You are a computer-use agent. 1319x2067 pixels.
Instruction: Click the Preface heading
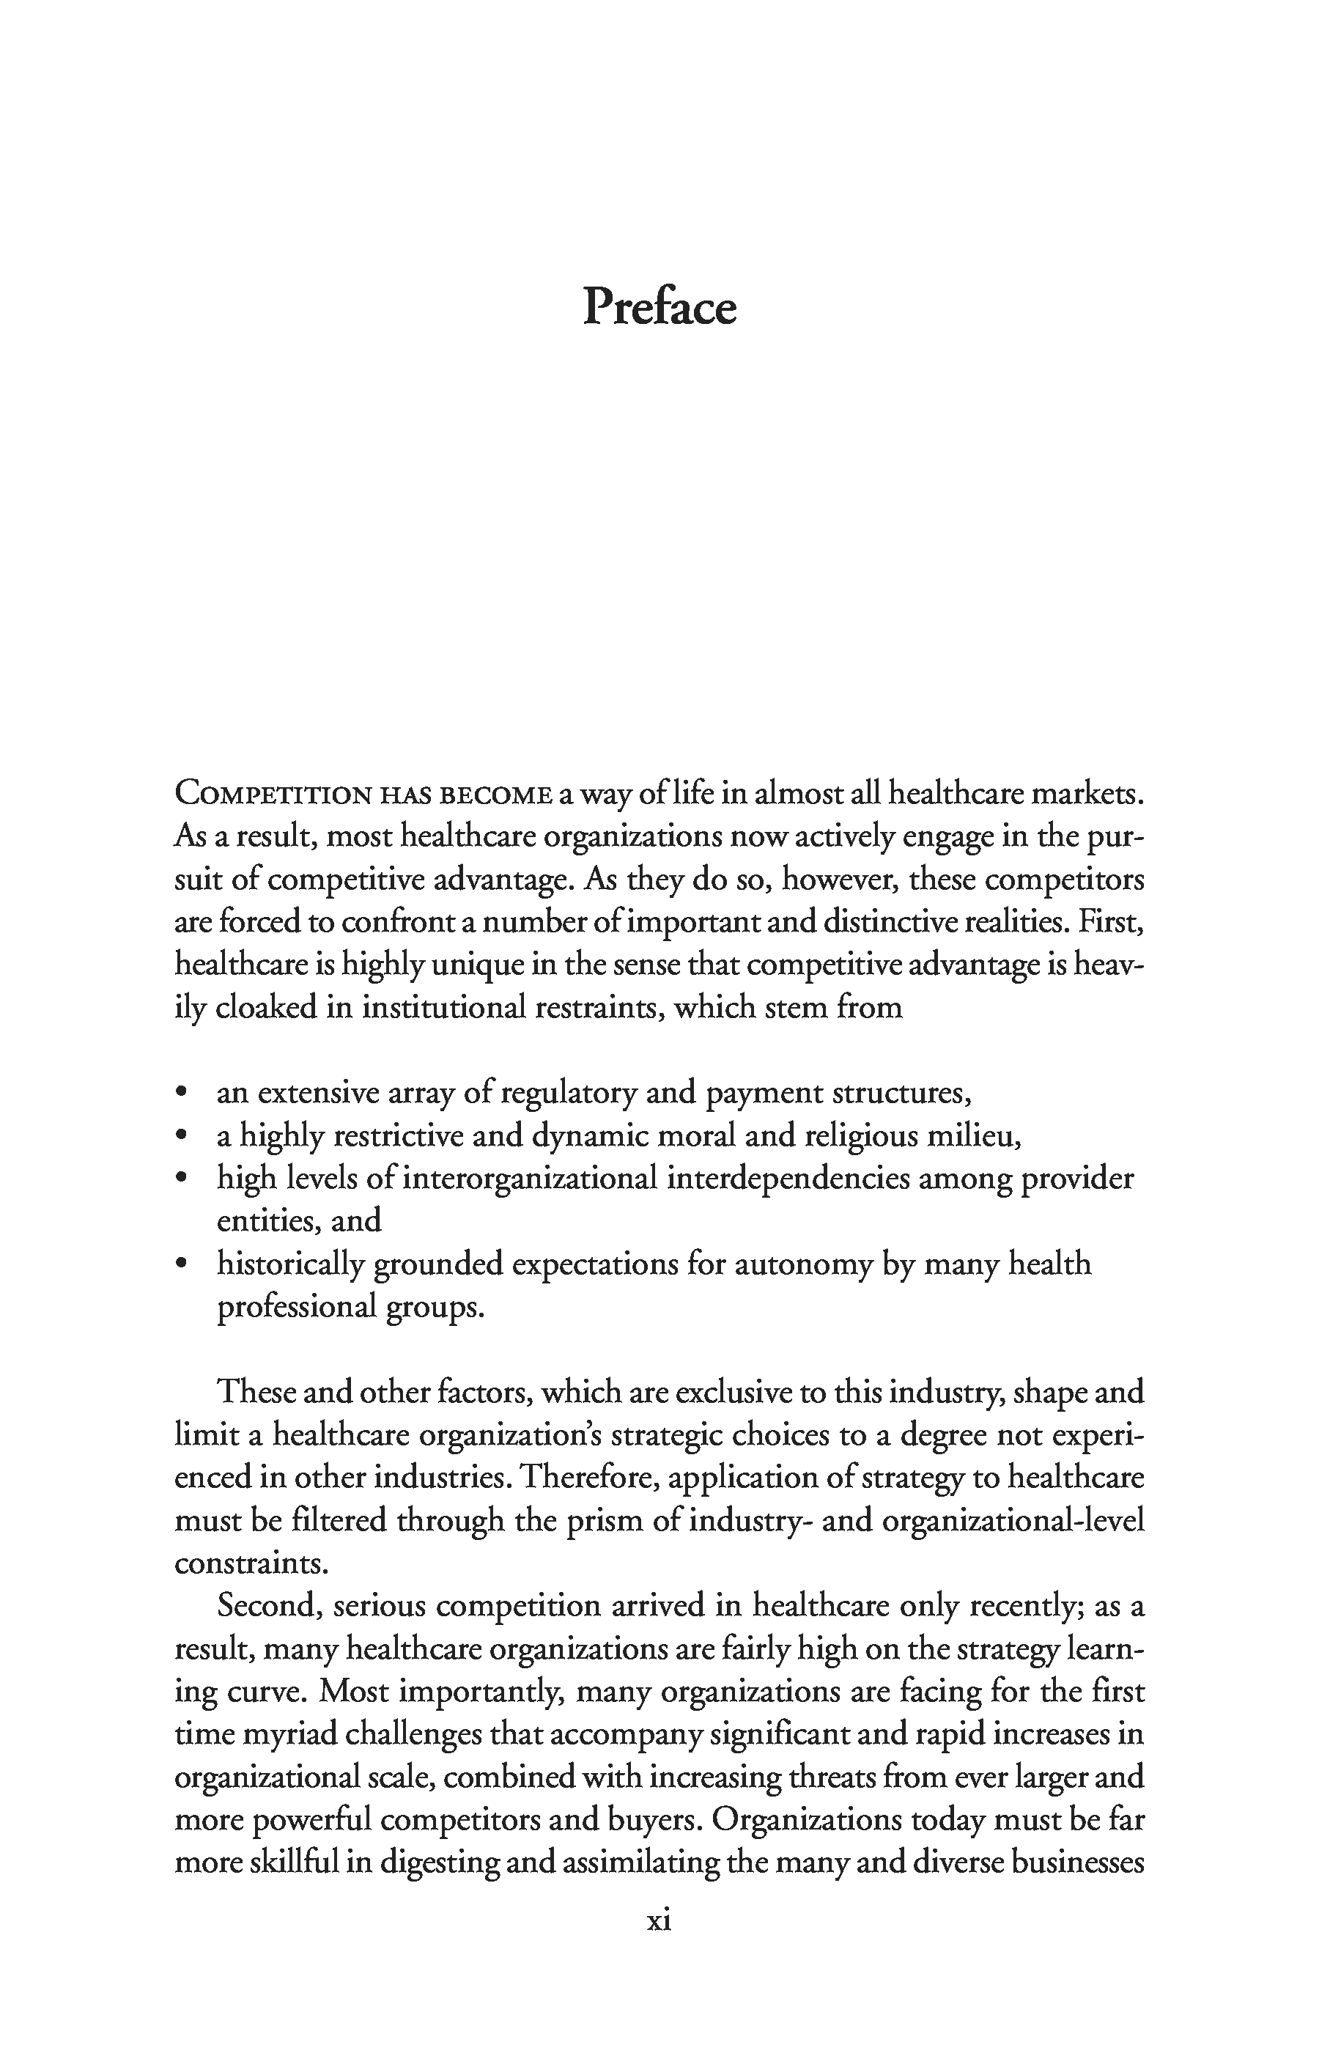click(x=659, y=306)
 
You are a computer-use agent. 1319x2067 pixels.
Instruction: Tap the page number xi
click(x=658, y=1920)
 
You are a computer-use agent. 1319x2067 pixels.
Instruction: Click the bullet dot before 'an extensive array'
click(x=180, y=1094)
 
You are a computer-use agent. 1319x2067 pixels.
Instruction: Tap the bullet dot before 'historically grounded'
click(x=180, y=1264)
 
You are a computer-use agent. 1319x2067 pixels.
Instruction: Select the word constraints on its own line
click(x=251, y=1564)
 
